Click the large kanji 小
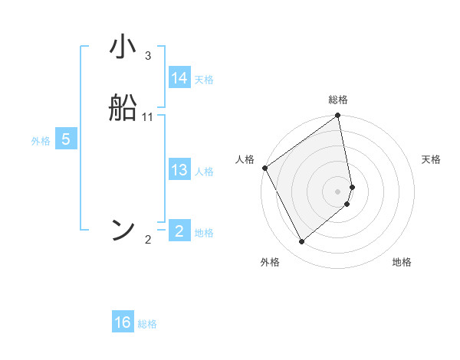pos(123,48)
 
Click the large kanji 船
pos(123,108)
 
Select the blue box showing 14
pos(179,78)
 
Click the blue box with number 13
pos(179,170)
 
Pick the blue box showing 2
pos(179,231)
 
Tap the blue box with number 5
pos(66,139)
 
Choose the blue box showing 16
pos(123,322)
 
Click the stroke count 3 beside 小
pos(148,56)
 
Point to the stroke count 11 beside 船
pos(148,117)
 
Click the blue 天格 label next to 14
pos(204,80)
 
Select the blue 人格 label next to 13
pos(204,172)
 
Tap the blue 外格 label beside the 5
pos(41,141)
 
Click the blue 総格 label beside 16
pos(147,324)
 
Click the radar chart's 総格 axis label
pos(338,100)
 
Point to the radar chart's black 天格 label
pos(432,159)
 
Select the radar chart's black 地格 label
pos(402,263)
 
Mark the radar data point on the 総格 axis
pos(338,116)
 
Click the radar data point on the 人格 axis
pos(265,168)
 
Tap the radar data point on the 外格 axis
pos(301,242)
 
